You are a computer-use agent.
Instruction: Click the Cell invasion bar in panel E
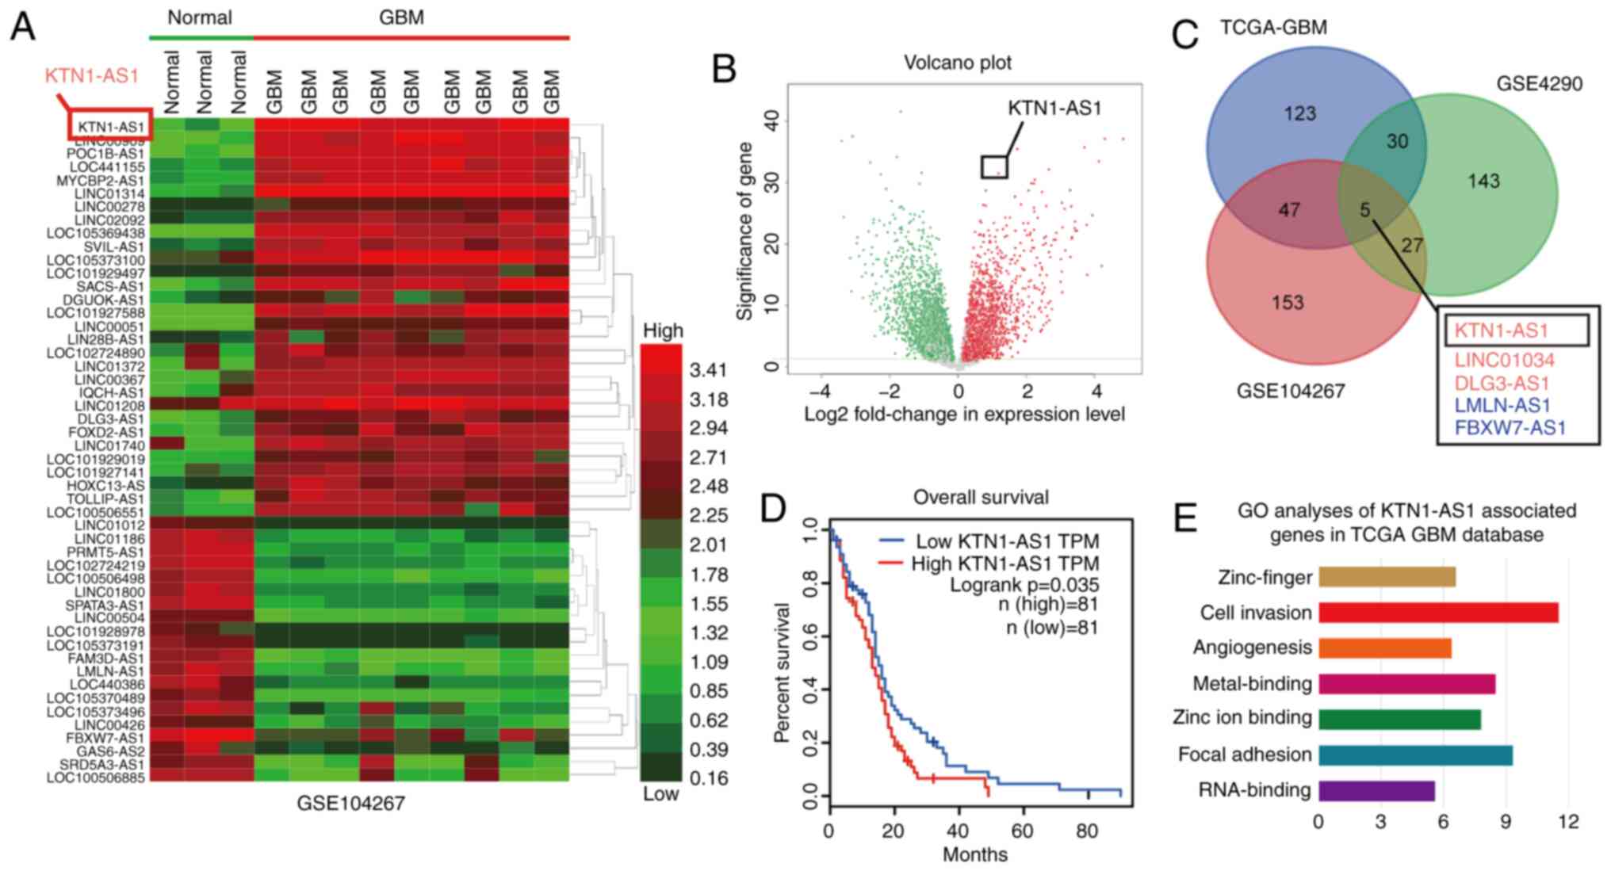(1437, 613)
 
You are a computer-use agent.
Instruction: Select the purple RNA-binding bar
(1376, 790)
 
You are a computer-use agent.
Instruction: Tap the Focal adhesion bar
(1414, 754)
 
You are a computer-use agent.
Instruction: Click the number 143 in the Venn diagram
(1483, 181)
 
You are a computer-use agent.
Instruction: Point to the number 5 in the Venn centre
(1364, 210)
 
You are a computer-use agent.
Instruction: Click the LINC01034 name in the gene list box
(1504, 361)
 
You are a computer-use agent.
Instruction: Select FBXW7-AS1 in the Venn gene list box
(1510, 429)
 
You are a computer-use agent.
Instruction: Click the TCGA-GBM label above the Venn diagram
(1272, 28)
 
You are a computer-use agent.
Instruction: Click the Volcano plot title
(958, 63)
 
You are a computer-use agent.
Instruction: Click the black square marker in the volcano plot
(994, 166)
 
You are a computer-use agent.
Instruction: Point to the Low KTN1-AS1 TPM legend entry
(1007, 542)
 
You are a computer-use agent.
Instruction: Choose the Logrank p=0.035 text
(1024, 585)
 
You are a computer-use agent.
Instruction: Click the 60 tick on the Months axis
(1023, 831)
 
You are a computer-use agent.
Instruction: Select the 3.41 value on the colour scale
(707, 370)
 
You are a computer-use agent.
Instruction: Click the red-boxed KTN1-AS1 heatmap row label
(111, 127)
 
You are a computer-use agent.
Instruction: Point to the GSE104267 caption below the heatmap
(350, 804)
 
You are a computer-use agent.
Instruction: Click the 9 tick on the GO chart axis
(1506, 822)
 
